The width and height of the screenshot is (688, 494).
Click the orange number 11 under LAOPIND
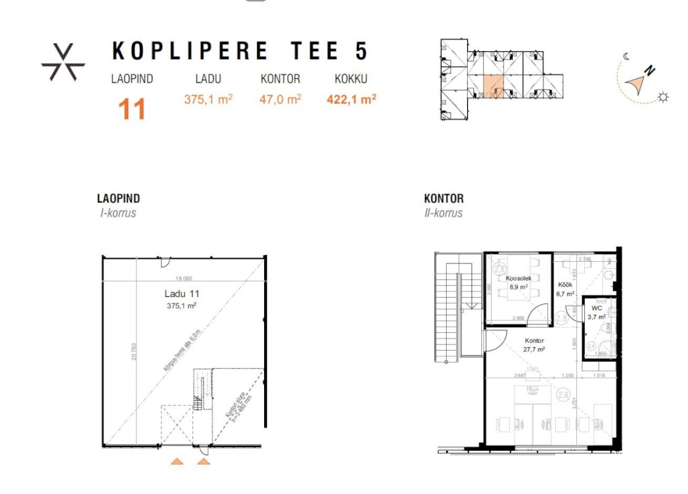coord(132,109)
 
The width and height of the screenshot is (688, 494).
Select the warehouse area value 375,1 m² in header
coord(208,99)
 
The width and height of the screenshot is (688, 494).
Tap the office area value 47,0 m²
coord(280,99)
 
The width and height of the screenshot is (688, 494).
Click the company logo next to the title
coord(63,62)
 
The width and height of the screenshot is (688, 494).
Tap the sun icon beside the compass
coord(663,97)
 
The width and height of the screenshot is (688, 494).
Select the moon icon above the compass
coord(627,56)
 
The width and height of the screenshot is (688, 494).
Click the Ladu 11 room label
coord(181,295)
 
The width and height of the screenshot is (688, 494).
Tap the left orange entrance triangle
coord(177,460)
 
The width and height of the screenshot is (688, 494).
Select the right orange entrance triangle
coord(204,460)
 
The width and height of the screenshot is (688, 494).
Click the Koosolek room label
coord(518,278)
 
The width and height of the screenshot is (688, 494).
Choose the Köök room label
coord(565,285)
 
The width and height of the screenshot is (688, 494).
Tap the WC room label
coord(596,308)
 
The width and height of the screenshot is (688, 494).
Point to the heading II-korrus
coord(443,213)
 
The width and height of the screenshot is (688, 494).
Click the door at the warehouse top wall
coord(165,262)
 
